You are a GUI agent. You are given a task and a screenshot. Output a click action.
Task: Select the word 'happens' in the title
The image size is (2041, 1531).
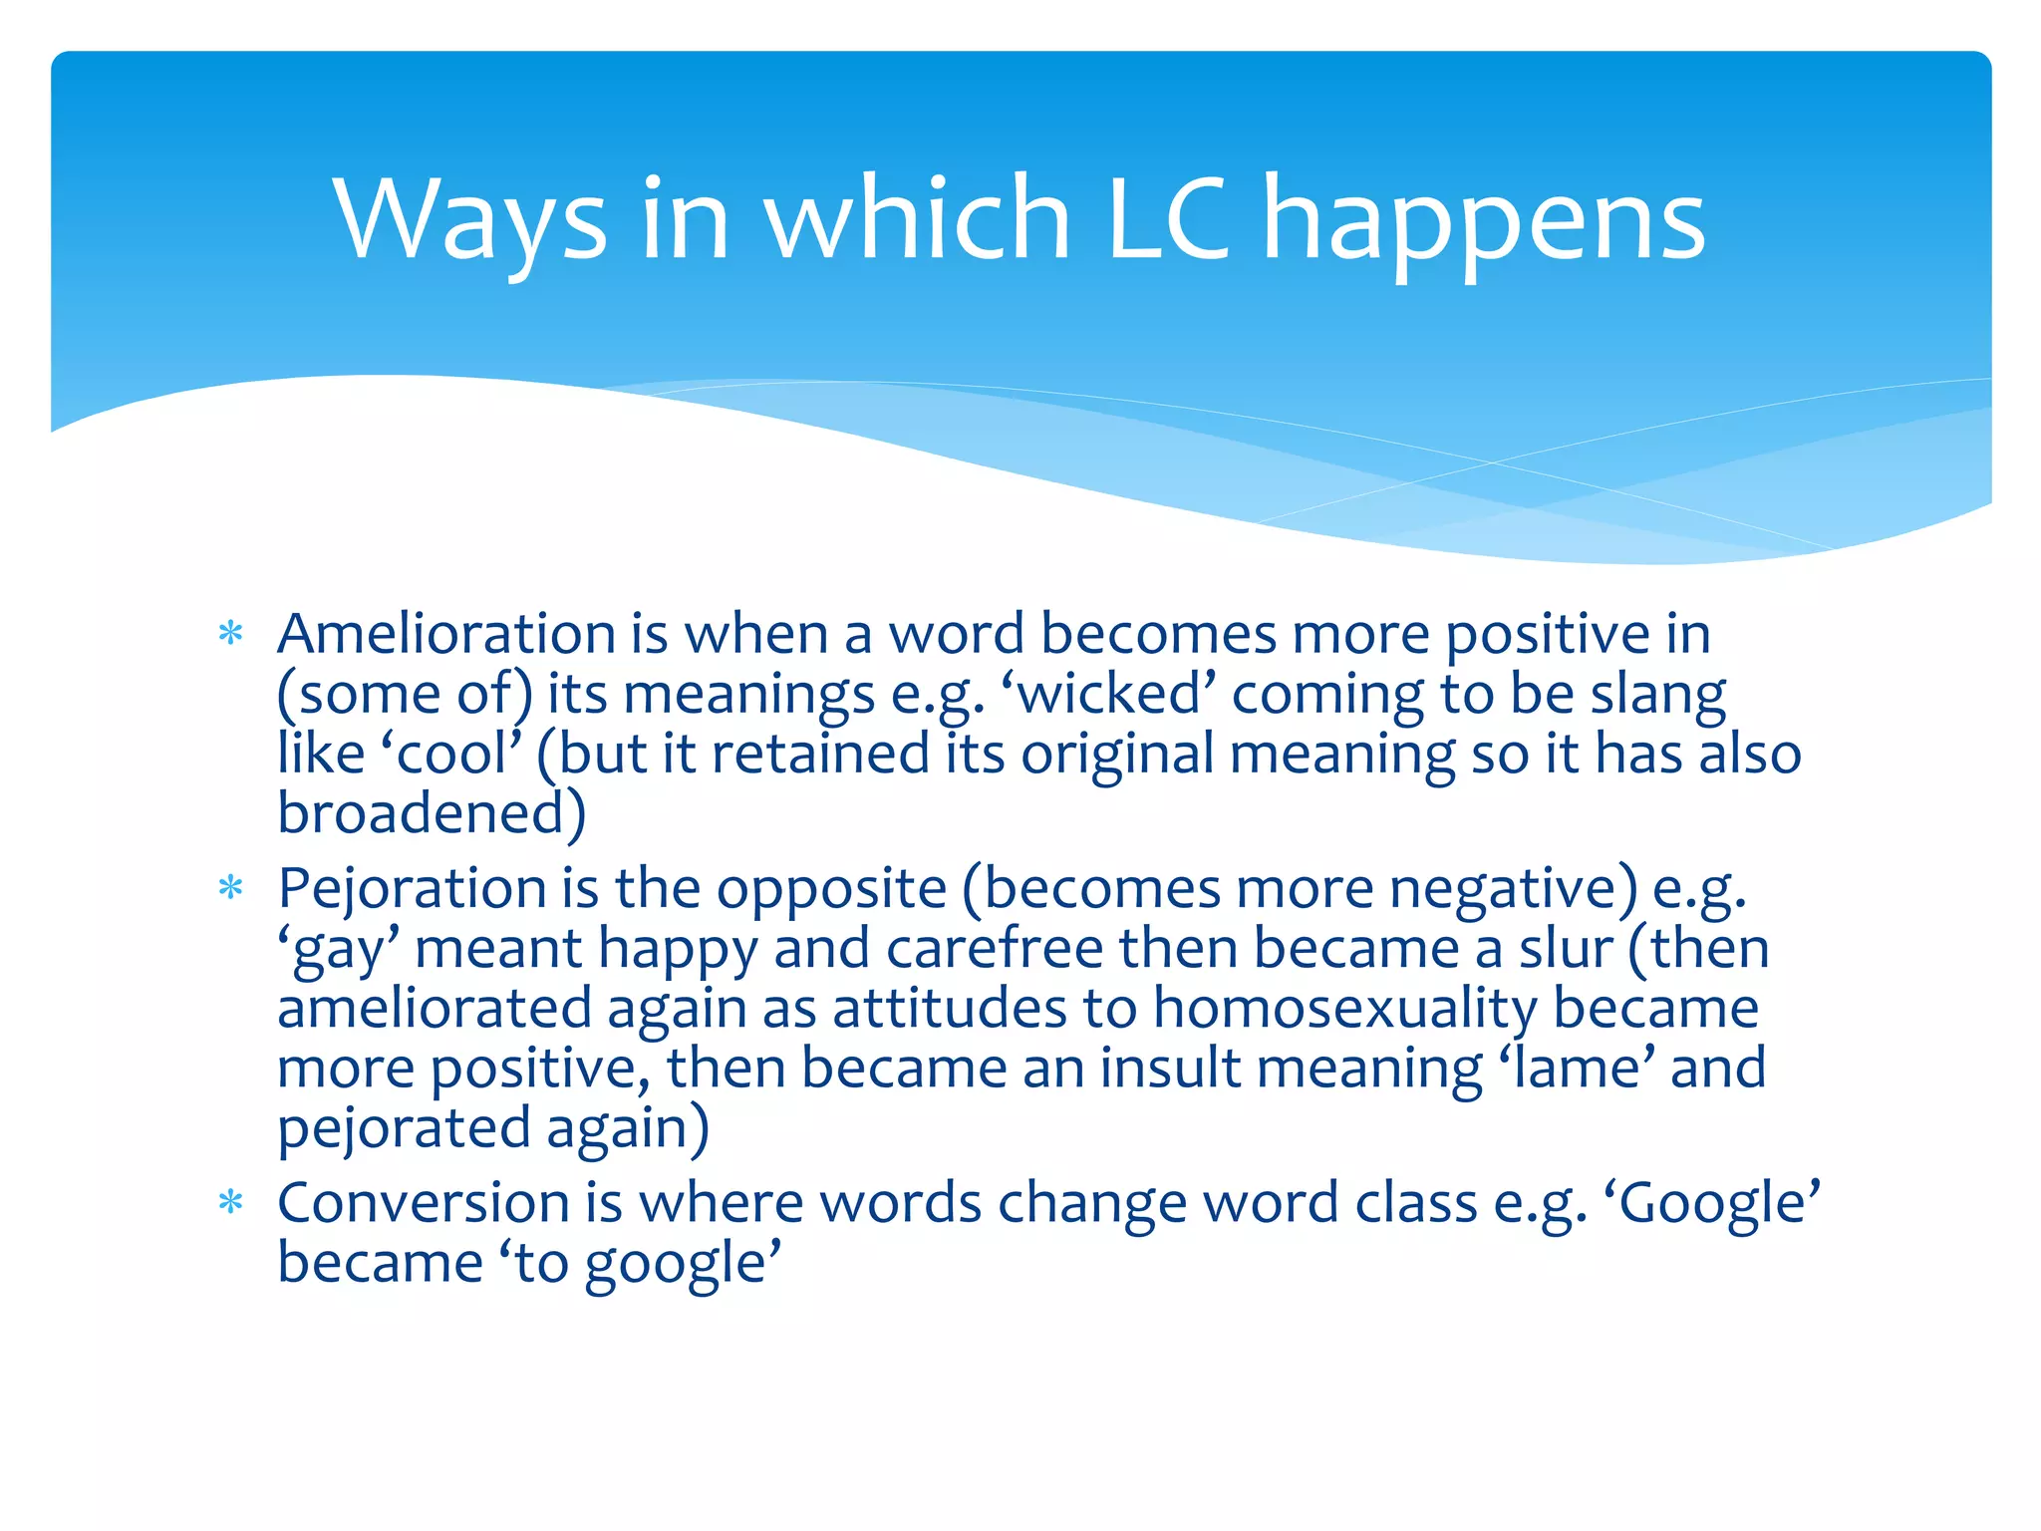click(x=1484, y=221)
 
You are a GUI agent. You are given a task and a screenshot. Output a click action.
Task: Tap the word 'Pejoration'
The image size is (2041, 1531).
click(x=412, y=888)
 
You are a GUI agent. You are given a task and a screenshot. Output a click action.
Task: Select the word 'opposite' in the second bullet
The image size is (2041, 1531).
click(x=831, y=888)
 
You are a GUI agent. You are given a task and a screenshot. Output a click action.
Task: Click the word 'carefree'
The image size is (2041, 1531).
click(x=994, y=948)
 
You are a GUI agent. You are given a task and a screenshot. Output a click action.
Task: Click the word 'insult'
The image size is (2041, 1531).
click(x=1170, y=1068)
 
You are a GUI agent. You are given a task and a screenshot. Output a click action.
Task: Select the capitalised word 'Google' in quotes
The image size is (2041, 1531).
click(x=1713, y=1202)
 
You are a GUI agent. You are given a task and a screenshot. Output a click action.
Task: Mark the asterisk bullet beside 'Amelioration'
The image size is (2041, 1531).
click(x=230, y=634)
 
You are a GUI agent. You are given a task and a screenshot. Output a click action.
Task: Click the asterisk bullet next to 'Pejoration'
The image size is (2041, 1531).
click(x=230, y=888)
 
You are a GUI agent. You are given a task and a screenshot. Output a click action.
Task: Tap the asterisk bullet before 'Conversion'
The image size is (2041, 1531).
click(x=230, y=1202)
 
